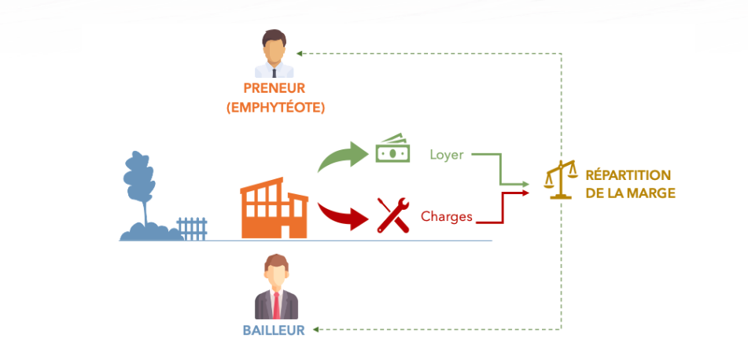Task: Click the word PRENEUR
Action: (x=274, y=89)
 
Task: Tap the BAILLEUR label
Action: (x=273, y=331)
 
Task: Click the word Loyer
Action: (x=446, y=154)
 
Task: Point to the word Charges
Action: (x=447, y=215)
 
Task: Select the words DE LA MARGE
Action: (x=630, y=193)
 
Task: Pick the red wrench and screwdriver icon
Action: (x=392, y=215)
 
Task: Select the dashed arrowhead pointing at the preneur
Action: (x=300, y=53)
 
